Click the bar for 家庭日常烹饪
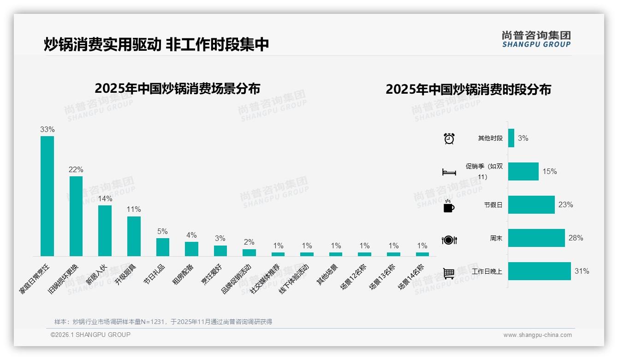click(x=47, y=196)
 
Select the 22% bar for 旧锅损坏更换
click(x=76, y=216)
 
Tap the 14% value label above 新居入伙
click(x=105, y=199)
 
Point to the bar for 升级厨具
click(x=134, y=236)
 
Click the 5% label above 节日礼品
click(x=162, y=232)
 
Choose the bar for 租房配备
click(x=191, y=249)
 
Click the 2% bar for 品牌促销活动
click(x=249, y=252)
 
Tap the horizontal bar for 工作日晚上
click(x=539, y=271)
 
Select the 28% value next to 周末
click(x=576, y=238)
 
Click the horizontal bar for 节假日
click(x=531, y=204)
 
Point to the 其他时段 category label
click(x=490, y=138)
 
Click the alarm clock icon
click(x=449, y=138)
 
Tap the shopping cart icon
click(x=449, y=273)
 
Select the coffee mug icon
click(x=449, y=206)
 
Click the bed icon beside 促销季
click(x=449, y=172)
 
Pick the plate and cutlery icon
click(x=449, y=240)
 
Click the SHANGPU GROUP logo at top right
click(x=536, y=39)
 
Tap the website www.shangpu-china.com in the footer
click(x=537, y=335)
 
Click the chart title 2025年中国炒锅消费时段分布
click(x=468, y=90)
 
